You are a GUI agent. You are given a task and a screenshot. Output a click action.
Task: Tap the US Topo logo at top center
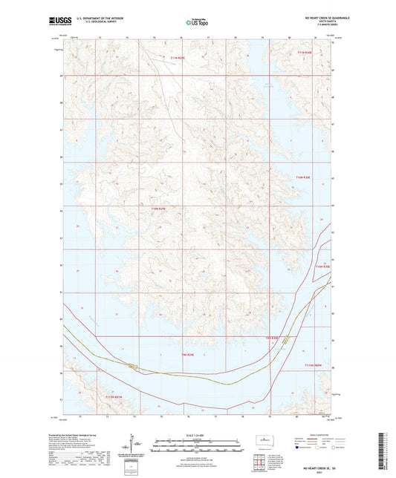tap(197, 23)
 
